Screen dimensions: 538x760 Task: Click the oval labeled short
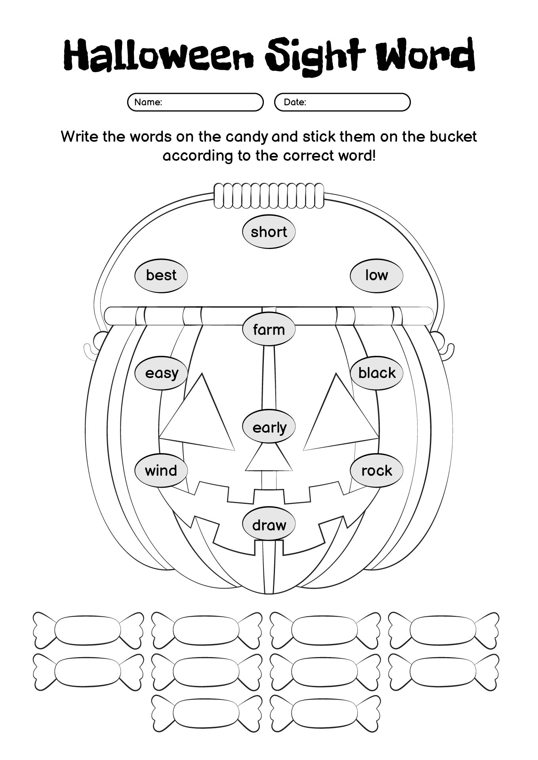(269, 232)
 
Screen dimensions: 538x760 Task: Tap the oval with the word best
(161, 275)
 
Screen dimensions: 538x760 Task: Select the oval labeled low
(376, 275)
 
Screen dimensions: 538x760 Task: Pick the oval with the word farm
(269, 329)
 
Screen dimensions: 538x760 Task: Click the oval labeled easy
(161, 373)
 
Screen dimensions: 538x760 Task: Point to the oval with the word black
(376, 373)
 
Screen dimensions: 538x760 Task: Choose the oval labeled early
(269, 427)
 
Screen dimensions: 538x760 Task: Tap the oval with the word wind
(161, 471)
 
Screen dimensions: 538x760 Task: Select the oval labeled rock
(376, 471)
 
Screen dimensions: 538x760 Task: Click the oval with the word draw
(269, 525)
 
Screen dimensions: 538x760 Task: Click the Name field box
(195, 102)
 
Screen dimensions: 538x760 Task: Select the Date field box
(342, 102)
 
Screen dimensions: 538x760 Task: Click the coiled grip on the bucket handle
(269, 196)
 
